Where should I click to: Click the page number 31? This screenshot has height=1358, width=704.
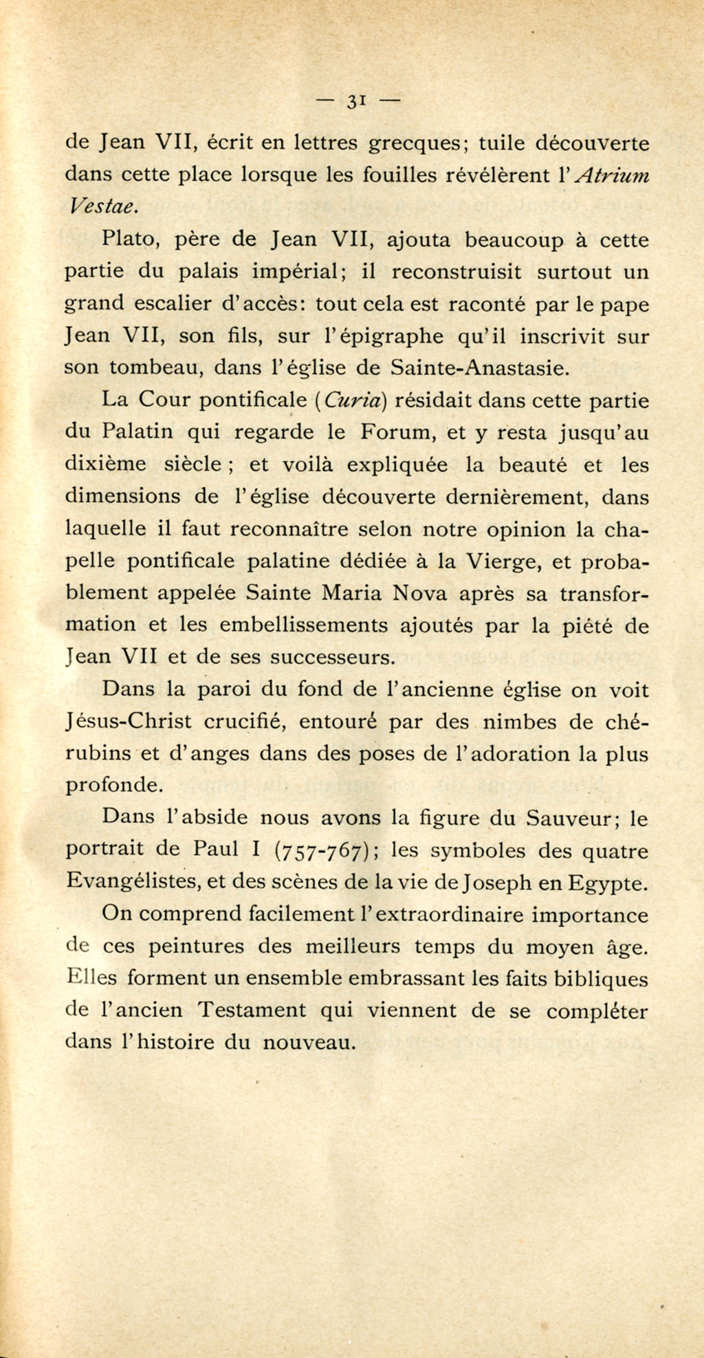pyautogui.click(x=355, y=100)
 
